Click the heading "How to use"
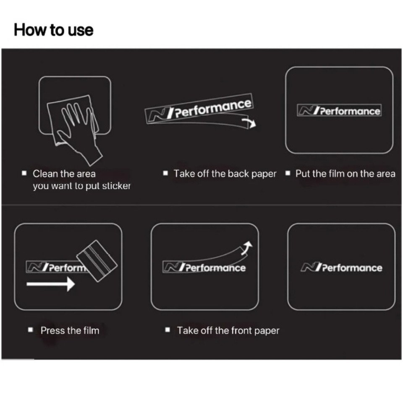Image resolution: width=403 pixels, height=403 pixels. click(x=53, y=30)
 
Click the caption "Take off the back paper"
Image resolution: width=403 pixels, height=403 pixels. click(x=225, y=174)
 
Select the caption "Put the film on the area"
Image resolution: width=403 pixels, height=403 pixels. click(x=345, y=174)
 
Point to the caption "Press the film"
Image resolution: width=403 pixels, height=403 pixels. click(x=70, y=330)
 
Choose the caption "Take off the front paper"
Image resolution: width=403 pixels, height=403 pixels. click(x=228, y=330)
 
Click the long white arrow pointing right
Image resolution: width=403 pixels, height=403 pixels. click(x=50, y=284)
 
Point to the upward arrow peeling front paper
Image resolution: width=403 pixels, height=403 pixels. click(x=248, y=248)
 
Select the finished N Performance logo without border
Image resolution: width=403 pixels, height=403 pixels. click(x=341, y=268)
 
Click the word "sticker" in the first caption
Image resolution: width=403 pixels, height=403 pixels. click(x=116, y=186)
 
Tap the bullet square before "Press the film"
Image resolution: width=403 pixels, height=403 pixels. click(x=30, y=330)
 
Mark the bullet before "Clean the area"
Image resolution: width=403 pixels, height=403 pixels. click(x=24, y=173)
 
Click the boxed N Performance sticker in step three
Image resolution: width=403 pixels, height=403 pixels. click(x=339, y=111)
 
